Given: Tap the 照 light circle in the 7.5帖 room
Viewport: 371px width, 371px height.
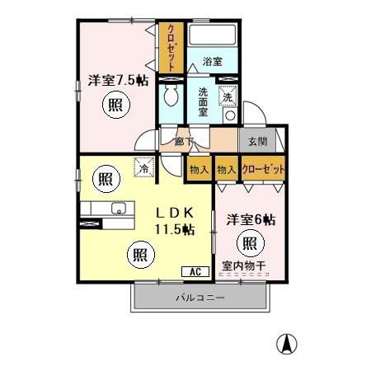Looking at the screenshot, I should pos(117,106).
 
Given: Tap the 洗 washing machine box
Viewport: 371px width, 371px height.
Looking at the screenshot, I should pos(228,96).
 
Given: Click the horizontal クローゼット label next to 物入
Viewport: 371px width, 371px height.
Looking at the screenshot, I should pos(264,169).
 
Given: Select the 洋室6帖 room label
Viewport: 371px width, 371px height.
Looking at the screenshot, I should pos(250,219).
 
